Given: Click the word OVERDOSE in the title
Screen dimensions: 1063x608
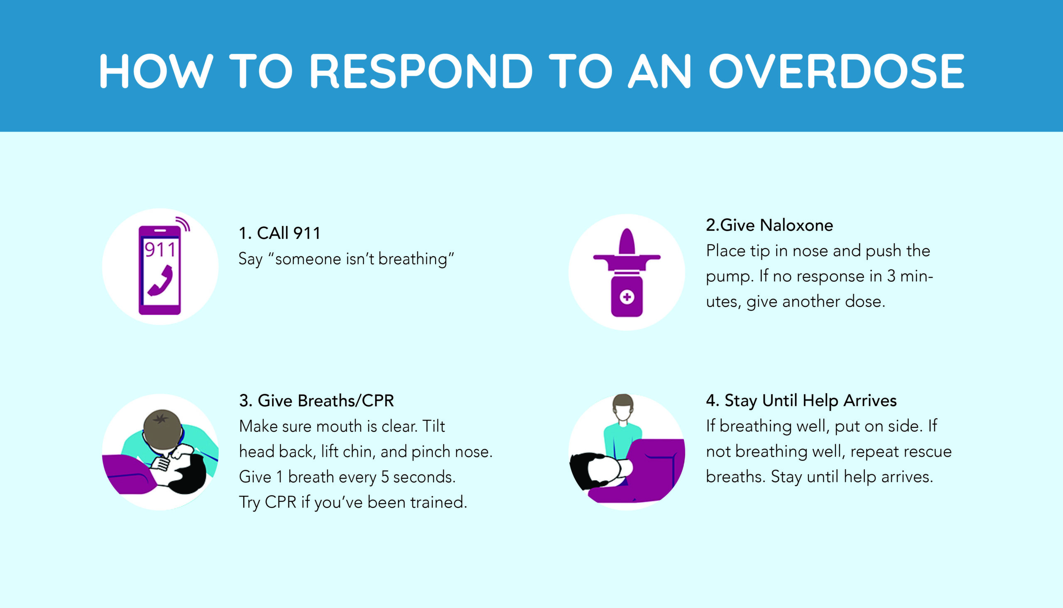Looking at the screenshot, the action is (x=837, y=71).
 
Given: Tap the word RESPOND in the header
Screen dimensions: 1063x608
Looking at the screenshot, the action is (x=421, y=71).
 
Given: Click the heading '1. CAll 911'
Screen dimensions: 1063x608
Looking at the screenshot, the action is (x=279, y=233).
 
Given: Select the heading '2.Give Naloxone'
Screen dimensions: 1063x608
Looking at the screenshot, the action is (x=769, y=225).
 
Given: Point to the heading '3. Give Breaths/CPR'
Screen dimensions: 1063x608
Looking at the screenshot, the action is (x=317, y=401).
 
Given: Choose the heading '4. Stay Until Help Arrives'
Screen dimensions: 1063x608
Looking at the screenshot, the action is (x=801, y=401).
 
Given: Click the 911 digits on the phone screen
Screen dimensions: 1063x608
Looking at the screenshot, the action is (x=160, y=250).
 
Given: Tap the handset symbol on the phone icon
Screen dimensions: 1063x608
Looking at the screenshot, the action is (x=161, y=281).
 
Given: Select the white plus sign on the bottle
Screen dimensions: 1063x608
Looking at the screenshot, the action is (x=627, y=297).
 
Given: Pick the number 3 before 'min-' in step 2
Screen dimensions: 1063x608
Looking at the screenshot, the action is (x=891, y=276).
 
